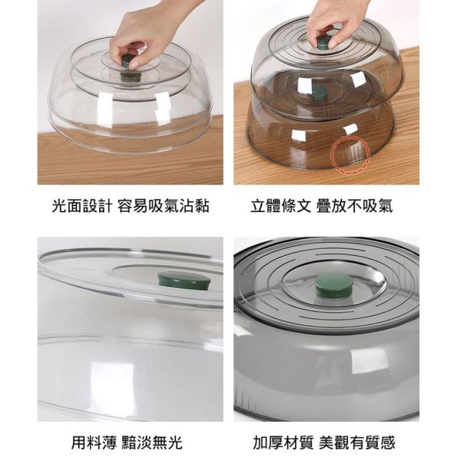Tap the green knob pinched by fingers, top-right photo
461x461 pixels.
click(x=323, y=44)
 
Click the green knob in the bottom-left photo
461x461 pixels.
click(x=184, y=280)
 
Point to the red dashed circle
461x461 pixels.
click(x=350, y=154)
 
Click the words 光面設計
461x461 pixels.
click(x=81, y=205)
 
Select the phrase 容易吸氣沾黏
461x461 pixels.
click(x=164, y=205)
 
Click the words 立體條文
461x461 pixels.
click(x=280, y=205)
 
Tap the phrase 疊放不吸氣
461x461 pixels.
click(x=354, y=205)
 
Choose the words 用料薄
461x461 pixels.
click(x=94, y=443)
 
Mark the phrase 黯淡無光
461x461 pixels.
click(x=152, y=443)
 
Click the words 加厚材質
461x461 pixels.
click(x=283, y=443)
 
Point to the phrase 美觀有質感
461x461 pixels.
click(x=357, y=443)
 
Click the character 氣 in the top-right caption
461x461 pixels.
click(x=386, y=205)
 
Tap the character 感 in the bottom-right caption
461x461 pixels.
click(x=388, y=443)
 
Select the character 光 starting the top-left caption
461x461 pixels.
click(x=59, y=205)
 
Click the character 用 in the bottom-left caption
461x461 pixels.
click(x=79, y=443)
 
